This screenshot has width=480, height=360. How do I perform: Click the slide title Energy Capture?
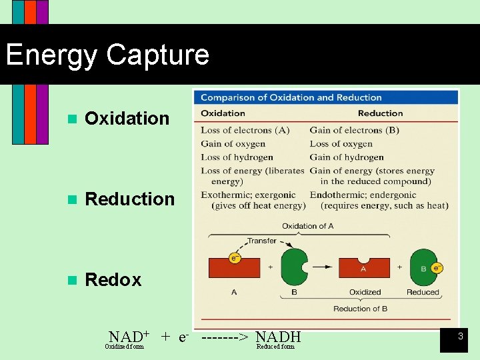pos(107,55)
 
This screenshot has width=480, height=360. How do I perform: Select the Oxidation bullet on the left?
pos(127,119)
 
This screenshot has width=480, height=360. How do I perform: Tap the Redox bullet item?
pos(113,280)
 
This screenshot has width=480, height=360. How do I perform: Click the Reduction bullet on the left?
pos(130,199)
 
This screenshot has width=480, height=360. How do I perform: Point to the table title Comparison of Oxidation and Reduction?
pos(291,97)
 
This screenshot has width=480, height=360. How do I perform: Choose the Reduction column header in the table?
pos(380,113)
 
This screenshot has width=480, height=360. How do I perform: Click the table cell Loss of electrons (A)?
pos(245,130)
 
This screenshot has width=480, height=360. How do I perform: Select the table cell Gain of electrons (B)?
pos(354,130)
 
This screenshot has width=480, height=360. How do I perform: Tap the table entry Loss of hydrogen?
pos(237,157)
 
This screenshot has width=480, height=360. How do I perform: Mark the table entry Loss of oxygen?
pos(341,144)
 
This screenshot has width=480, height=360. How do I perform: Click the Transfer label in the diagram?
pos(261,241)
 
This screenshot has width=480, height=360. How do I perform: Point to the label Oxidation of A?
pos(307,226)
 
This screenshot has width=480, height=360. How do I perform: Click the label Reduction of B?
pos(361,309)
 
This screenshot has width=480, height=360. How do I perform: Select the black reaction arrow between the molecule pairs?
pos(323,267)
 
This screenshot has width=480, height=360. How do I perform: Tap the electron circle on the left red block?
pos(235,257)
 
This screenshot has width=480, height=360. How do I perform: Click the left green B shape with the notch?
pos(293,267)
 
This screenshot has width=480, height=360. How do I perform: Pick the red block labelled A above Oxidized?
pos(364,269)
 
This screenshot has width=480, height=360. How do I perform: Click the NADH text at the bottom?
pos(278,337)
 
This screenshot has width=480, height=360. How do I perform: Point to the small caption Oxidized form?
pos(124,347)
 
